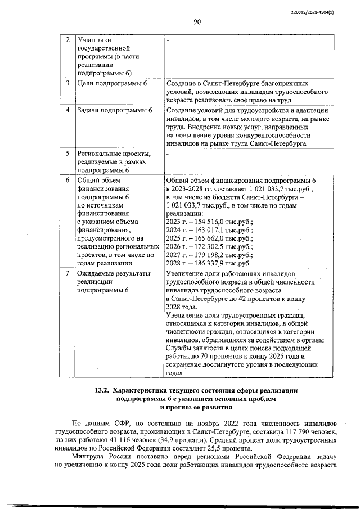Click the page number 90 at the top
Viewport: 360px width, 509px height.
197,22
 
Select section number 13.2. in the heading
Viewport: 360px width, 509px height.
101,390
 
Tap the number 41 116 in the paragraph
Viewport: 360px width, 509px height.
107,439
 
